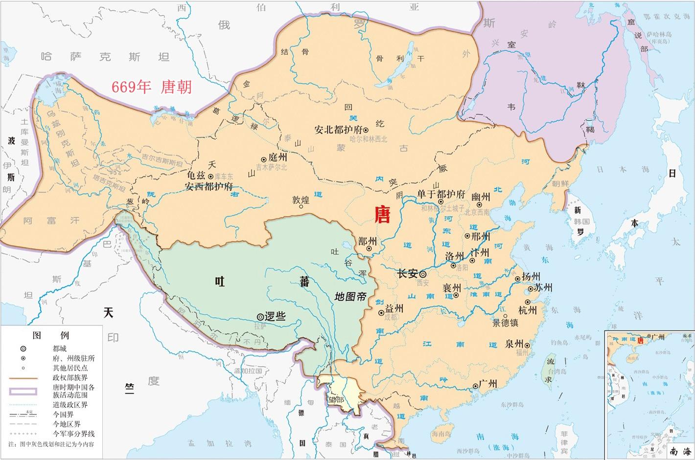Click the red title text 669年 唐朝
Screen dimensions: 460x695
pyautogui.click(x=151, y=87)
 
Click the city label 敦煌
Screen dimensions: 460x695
pyautogui.click(x=301, y=200)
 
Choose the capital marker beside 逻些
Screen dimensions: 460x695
pyautogui.click(x=260, y=317)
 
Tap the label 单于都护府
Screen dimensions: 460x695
pyautogui.click(x=441, y=194)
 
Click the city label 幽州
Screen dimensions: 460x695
pyautogui.click(x=481, y=197)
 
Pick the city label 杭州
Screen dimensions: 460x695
pyautogui.click(x=528, y=310)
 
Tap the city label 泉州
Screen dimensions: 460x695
pyautogui.click(x=515, y=343)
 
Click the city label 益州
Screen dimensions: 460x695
pyautogui.click(x=394, y=308)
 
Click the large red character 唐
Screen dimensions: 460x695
pyautogui.click(x=382, y=215)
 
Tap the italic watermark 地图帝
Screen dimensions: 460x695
pyautogui.click(x=350, y=297)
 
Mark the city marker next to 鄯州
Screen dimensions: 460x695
pyautogui.click(x=369, y=249)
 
